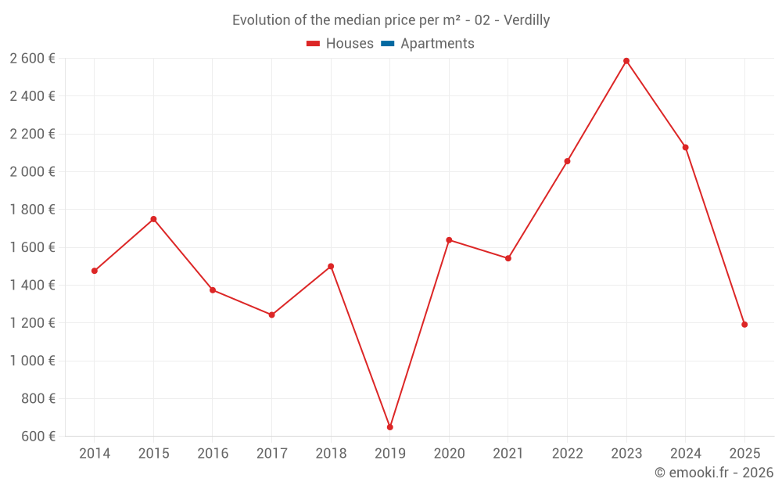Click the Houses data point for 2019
tap(389, 427)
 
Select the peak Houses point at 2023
tap(626, 61)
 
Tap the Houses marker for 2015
tap(153, 219)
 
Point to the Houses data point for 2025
tap(744, 325)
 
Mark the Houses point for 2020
tap(449, 240)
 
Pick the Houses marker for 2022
tap(567, 161)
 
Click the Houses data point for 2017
tap(271, 315)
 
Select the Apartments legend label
tap(437, 44)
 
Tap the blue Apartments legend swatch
tap(387, 44)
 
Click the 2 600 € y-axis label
tap(32, 59)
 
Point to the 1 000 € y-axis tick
tap(32, 361)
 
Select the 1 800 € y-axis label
tap(32, 210)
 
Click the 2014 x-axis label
tap(95, 454)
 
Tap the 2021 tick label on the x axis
tap(508, 454)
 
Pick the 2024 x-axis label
tap(686, 454)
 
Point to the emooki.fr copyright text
tap(714, 473)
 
